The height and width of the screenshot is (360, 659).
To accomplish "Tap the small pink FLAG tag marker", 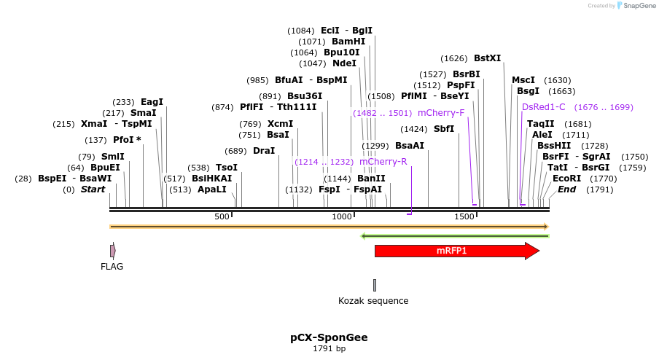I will [112, 251].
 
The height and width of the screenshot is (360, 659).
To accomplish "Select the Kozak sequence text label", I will [373, 301].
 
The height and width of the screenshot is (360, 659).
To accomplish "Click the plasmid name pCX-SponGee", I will [329, 337].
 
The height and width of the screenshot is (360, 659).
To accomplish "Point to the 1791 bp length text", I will [329, 349].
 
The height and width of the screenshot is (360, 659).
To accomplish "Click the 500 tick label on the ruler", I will [222, 217].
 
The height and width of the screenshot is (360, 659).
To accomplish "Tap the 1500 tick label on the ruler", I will [464, 217].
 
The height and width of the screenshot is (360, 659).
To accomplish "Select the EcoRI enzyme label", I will [566, 179].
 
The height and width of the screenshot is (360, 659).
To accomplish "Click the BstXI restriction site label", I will [488, 58].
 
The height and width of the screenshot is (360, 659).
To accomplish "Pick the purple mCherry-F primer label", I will [441, 113].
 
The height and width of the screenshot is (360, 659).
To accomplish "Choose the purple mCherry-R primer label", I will [383, 162].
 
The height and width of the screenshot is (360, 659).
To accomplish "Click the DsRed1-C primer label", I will [544, 107].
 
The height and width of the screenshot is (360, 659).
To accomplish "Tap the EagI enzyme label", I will [152, 102].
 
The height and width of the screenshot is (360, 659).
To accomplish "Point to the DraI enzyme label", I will [264, 151].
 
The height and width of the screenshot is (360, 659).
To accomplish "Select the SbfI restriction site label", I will [444, 129].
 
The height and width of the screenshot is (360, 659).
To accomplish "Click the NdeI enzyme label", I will [345, 63].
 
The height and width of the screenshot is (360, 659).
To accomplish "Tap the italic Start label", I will [93, 189].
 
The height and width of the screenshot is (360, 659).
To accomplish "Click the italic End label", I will [566, 189].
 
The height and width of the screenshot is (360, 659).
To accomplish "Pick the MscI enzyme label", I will [523, 80].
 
